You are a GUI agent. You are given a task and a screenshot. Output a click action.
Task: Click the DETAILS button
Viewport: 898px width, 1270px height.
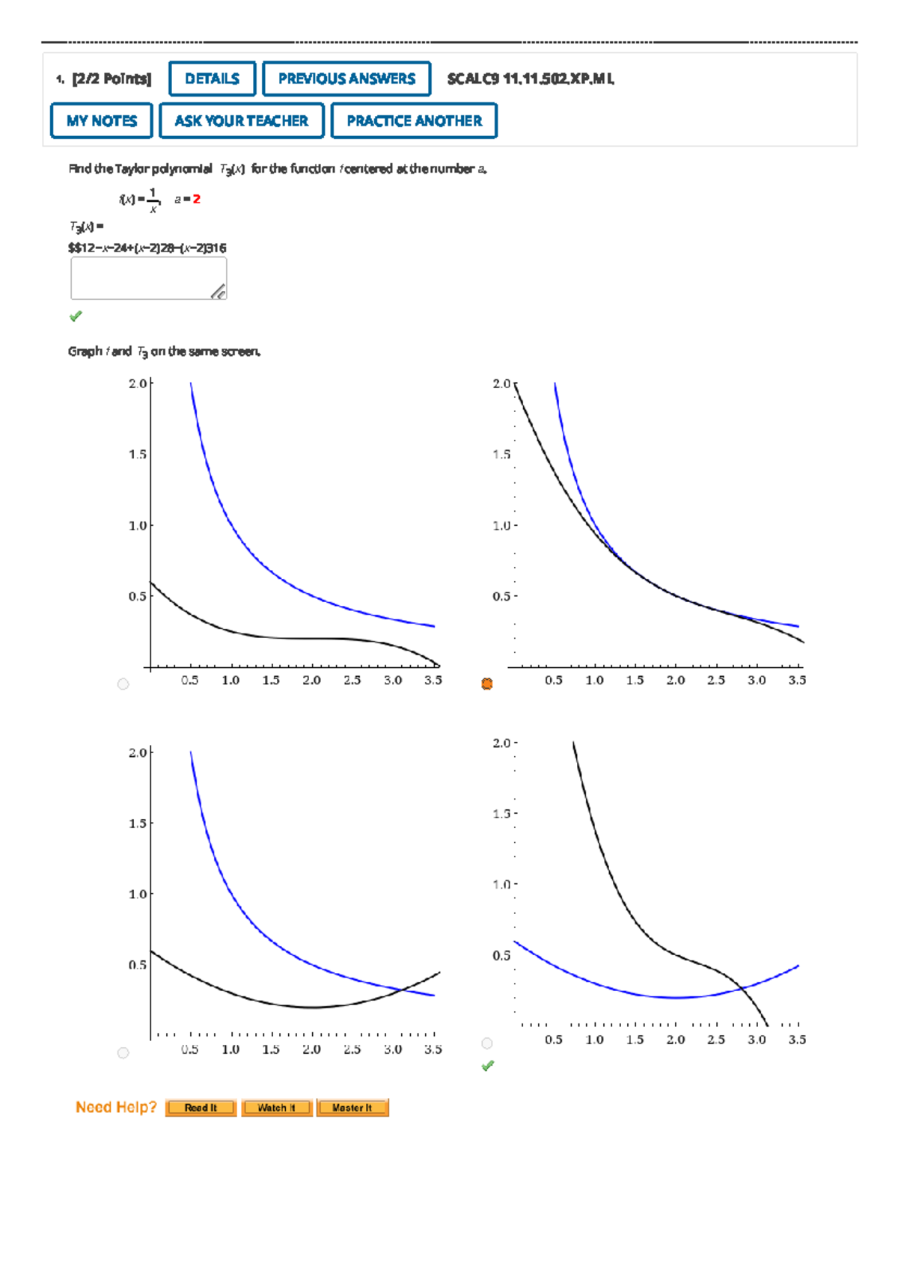[x=213, y=79]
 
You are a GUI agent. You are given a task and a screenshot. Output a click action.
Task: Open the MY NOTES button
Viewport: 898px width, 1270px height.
[x=102, y=120]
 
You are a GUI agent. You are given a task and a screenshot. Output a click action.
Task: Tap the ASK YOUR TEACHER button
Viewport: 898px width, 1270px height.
[x=241, y=120]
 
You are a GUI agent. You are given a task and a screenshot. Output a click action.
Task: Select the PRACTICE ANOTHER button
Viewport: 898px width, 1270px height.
[x=414, y=120]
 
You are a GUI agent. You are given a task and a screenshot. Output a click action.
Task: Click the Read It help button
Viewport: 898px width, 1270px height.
[x=201, y=1108]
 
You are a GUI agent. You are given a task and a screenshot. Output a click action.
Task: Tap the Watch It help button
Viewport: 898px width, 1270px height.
[x=276, y=1108]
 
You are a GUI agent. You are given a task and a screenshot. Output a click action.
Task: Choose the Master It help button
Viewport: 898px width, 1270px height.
[x=352, y=1108]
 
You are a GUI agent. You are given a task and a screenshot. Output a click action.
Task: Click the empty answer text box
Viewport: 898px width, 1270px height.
[x=148, y=278]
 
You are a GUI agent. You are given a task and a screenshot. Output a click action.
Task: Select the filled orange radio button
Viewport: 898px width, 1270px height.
[x=487, y=684]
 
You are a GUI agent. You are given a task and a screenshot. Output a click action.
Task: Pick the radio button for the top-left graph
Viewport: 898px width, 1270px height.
[x=123, y=684]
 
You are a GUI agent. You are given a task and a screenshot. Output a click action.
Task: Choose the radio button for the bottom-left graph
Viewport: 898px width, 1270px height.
[x=123, y=1053]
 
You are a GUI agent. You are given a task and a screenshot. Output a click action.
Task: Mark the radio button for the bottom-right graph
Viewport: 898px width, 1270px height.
[x=487, y=1043]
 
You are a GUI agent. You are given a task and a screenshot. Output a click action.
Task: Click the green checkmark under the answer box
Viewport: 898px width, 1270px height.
[x=76, y=316]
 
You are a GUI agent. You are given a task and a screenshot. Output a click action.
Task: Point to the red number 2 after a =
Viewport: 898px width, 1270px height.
[x=197, y=199]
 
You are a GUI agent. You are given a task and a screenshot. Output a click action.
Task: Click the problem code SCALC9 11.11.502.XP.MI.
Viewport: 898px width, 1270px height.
[x=531, y=79]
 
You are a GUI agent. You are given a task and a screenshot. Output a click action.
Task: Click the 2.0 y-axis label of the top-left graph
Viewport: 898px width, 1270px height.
[x=137, y=384]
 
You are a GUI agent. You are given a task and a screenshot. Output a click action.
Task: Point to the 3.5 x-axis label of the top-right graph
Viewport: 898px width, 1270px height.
[x=797, y=680]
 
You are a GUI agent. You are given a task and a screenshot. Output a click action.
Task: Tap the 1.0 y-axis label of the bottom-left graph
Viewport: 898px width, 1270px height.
[x=137, y=894]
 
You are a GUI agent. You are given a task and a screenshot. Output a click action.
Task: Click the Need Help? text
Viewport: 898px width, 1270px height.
[x=116, y=1107]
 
